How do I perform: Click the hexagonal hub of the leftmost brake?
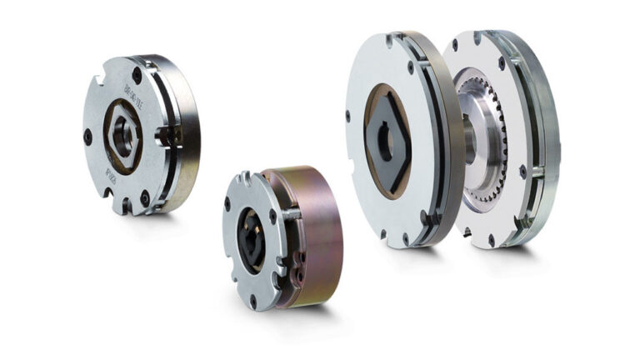123,136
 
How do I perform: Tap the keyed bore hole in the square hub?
385,142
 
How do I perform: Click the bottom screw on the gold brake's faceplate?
253,297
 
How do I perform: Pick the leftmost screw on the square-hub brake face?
348,117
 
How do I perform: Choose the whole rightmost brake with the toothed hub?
500,137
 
